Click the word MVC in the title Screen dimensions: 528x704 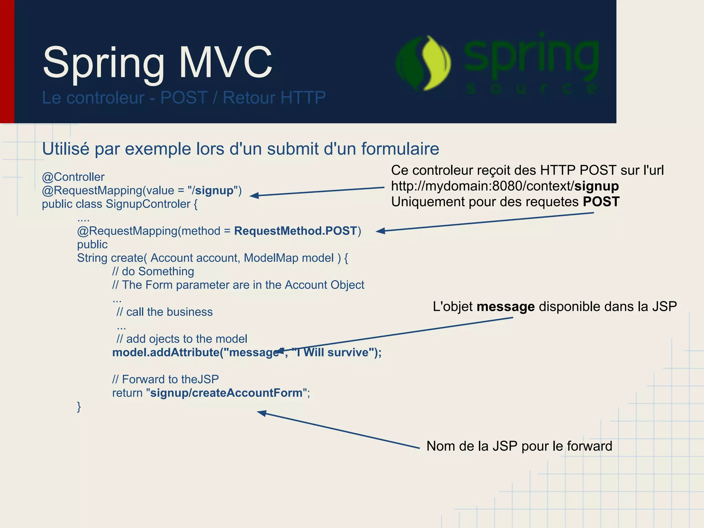coord(225,63)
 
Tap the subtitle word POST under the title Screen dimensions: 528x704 coord(184,98)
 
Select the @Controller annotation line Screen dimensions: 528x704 coord(73,177)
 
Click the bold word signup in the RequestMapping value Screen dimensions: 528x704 coord(214,190)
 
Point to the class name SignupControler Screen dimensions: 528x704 coord(148,204)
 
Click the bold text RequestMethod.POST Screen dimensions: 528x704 coord(295,231)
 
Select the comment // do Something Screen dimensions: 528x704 coord(153,271)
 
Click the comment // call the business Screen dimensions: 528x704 coord(164,312)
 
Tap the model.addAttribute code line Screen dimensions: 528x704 coord(246,352)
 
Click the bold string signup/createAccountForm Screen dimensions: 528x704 coord(226,393)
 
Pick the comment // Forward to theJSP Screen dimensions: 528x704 coord(165,379)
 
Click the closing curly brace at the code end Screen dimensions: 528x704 coord(79,406)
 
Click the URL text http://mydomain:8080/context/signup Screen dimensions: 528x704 coord(505,186)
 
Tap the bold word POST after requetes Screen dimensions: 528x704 coord(601,202)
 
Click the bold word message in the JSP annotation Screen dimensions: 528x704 coord(505,306)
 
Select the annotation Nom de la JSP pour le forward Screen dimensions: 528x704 coord(519,446)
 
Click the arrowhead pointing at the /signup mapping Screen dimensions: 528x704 coord(254,196)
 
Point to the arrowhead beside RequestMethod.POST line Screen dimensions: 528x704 coord(380,231)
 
